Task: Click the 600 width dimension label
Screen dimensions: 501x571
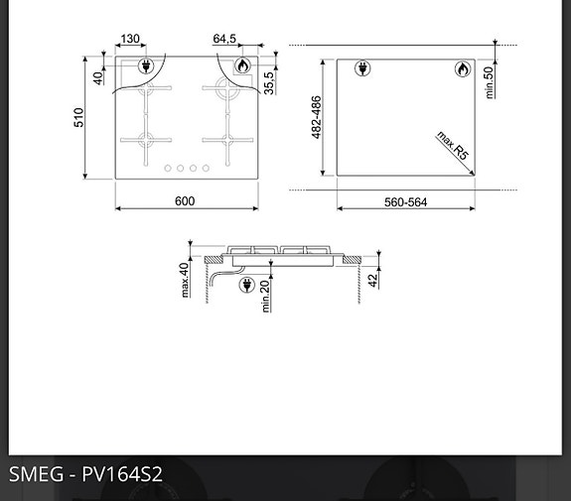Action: [x=185, y=201]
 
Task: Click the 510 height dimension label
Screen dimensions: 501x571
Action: [x=78, y=117]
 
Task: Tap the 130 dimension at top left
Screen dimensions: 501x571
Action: [x=130, y=40]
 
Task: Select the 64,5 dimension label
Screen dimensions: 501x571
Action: [x=224, y=40]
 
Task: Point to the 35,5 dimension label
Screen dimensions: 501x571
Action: [x=269, y=81]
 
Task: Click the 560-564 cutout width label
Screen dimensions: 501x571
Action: [x=405, y=202]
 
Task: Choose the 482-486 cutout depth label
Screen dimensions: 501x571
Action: [x=317, y=117]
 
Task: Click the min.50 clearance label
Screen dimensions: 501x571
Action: [x=489, y=81]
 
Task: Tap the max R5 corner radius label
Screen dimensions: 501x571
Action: [x=452, y=146]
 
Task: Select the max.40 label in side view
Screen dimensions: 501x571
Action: [x=185, y=279]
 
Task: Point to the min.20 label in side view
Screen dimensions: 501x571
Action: [x=266, y=296]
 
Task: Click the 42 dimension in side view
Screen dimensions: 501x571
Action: [x=372, y=281]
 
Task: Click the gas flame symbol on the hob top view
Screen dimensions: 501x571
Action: [x=241, y=66]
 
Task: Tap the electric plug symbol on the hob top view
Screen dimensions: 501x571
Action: [x=147, y=66]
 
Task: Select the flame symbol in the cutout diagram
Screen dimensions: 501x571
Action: [x=463, y=69]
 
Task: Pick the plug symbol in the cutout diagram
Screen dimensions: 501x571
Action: [x=362, y=69]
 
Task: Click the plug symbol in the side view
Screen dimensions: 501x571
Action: [x=247, y=287]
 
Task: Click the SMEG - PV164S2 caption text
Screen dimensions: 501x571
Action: [x=85, y=474]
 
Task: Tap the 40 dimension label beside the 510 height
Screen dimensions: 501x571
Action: [x=98, y=77]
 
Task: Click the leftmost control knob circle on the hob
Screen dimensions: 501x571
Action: [x=168, y=169]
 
